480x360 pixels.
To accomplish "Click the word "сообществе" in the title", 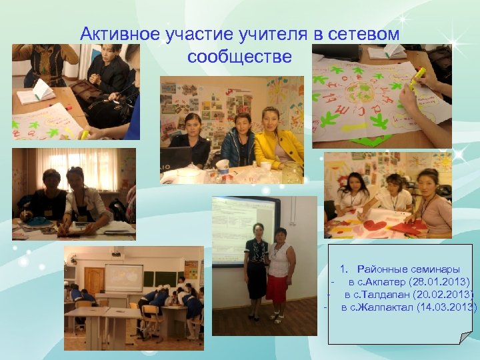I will (x=239, y=57).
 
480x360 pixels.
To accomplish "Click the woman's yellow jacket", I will (x=281, y=147).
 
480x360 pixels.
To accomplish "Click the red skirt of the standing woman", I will (x=276, y=287).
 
